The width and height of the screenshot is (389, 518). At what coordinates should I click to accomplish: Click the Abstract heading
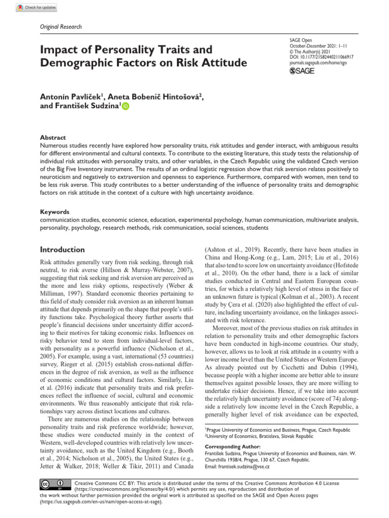tap(53, 138)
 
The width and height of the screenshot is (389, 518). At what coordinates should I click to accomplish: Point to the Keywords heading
tap(55, 212)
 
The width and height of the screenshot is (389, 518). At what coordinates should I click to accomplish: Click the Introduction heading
tap(62, 249)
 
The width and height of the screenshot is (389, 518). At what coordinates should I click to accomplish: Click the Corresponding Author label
tap(232, 447)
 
